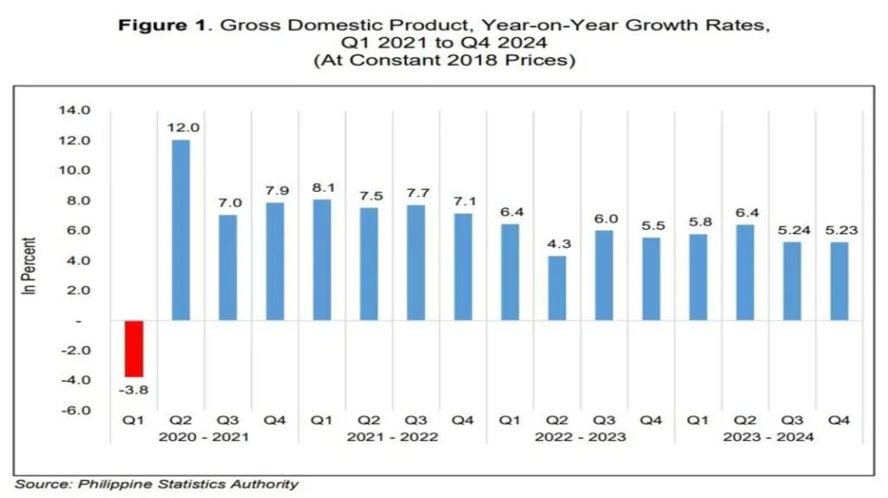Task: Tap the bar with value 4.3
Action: tap(557, 288)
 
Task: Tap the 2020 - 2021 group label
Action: tap(204, 437)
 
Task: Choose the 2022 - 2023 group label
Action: tap(580, 437)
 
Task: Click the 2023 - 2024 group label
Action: tap(768, 437)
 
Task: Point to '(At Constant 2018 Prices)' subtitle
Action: tap(443, 60)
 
